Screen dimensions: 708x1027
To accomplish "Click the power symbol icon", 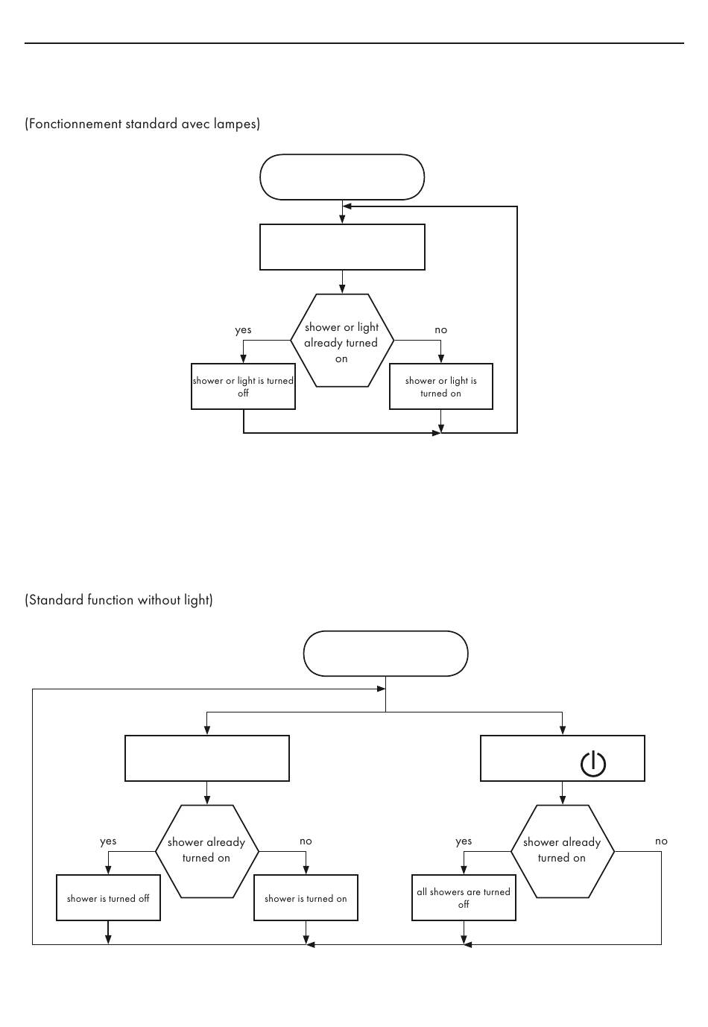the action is (593, 765).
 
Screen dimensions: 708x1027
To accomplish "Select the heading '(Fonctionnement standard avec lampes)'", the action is (142, 124).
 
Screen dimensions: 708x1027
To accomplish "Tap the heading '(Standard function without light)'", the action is (118, 600).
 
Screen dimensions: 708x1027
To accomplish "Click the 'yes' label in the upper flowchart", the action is (243, 329).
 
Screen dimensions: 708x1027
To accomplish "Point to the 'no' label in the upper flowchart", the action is (440, 329).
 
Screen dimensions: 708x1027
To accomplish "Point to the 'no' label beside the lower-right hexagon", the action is (661, 841).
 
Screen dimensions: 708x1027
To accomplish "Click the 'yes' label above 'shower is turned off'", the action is (108, 841).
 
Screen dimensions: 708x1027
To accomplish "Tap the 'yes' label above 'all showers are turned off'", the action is (464, 841).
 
